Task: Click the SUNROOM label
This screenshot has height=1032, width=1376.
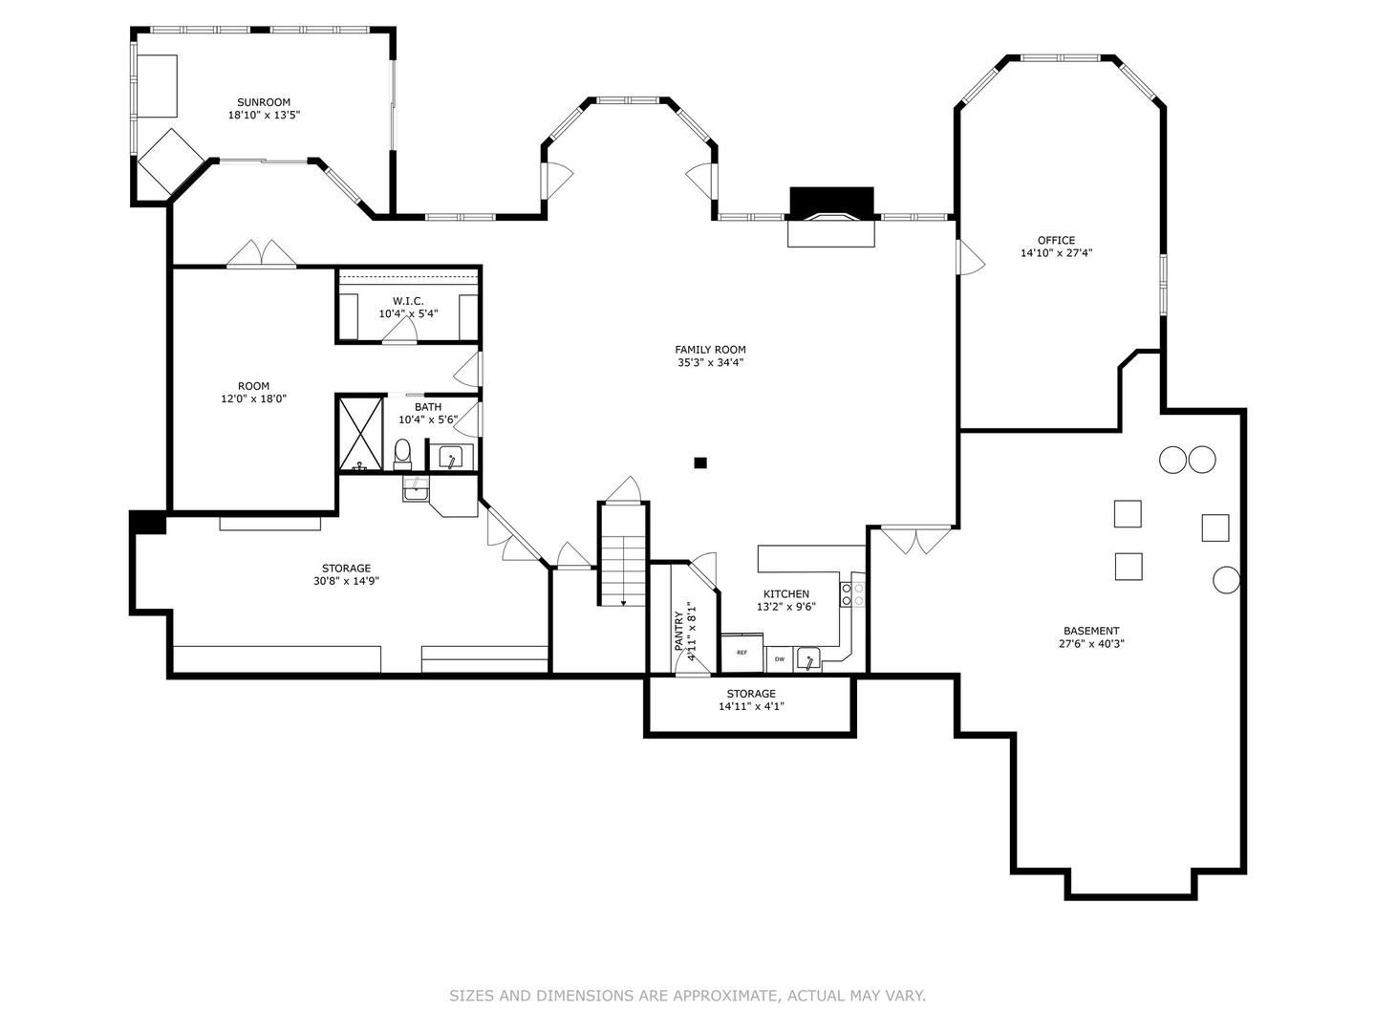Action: pyautogui.click(x=264, y=102)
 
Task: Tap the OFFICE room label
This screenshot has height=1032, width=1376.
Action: pyautogui.click(x=1056, y=240)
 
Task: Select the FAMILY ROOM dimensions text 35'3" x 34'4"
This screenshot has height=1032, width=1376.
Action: pyautogui.click(x=710, y=362)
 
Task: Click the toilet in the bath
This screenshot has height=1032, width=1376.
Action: pyautogui.click(x=402, y=454)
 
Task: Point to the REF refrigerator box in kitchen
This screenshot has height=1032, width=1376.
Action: pyautogui.click(x=742, y=653)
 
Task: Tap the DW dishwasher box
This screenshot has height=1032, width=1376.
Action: pyautogui.click(x=779, y=659)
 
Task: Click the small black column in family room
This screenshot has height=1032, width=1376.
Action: pyautogui.click(x=700, y=462)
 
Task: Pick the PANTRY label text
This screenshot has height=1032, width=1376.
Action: pyautogui.click(x=678, y=631)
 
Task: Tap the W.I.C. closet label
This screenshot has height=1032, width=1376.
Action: pyautogui.click(x=408, y=301)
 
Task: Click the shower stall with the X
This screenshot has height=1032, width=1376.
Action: pyautogui.click(x=360, y=434)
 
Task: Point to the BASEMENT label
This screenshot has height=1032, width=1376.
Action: pyautogui.click(x=1091, y=631)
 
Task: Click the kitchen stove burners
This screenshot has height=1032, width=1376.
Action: pyautogui.click(x=852, y=594)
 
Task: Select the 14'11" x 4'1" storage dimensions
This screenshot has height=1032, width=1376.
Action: pyautogui.click(x=751, y=706)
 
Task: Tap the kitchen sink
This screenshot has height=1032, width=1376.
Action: pyautogui.click(x=808, y=659)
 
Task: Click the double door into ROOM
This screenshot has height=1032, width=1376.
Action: pyautogui.click(x=261, y=254)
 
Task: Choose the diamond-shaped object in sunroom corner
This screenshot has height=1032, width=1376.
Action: pyautogui.click(x=171, y=161)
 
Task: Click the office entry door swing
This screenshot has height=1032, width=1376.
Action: pyautogui.click(x=971, y=258)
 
